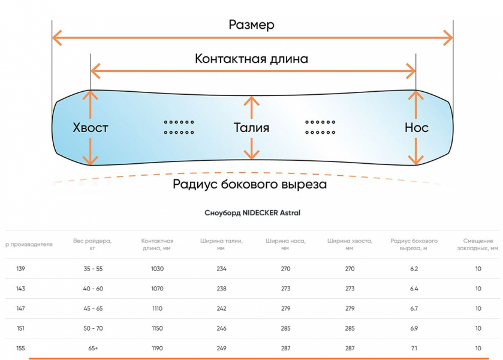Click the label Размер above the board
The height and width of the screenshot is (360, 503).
tap(251, 25)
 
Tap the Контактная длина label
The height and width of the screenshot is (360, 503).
tap(251, 59)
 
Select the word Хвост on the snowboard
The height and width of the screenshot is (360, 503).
tap(90, 128)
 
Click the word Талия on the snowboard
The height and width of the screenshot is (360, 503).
tap(251, 128)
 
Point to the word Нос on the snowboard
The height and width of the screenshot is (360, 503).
tap(416, 128)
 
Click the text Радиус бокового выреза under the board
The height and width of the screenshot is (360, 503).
tap(249, 184)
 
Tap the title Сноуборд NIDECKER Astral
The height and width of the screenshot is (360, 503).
tap(252, 212)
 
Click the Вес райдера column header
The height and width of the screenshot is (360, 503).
tap(92, 244)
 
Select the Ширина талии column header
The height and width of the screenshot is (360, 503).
tap(221, 244)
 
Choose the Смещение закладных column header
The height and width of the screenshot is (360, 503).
tap(478, 244)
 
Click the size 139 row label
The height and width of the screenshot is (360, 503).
tap(20, 269)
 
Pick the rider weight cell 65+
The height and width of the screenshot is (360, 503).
tap(93, 348)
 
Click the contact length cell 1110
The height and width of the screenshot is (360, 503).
tap(157, 308)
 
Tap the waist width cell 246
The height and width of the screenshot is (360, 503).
tap(221, 328)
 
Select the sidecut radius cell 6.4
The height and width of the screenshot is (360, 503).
tap(414, 289)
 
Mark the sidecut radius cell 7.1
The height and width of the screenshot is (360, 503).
tap(414, 348)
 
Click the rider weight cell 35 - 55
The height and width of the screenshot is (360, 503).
tap(93, 269)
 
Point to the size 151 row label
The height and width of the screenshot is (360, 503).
tap(20, 328)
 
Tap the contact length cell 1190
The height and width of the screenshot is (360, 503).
tap(157, 348)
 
